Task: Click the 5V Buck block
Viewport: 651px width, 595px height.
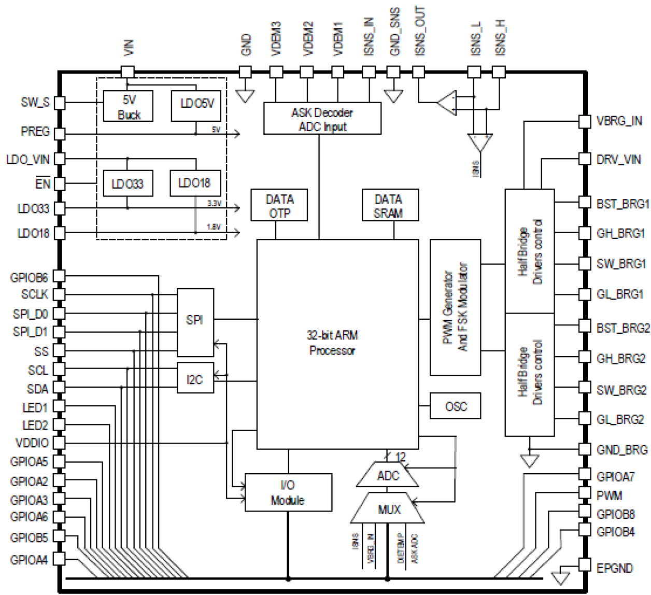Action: [x=128, y=106]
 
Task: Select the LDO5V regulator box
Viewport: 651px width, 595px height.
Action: [x=196, y=104]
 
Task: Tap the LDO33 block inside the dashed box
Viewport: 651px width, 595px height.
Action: [x=128, y=183]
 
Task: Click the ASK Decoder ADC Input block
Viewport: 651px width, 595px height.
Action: [x=322, y=119]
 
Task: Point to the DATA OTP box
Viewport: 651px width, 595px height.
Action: [x=279, y=206]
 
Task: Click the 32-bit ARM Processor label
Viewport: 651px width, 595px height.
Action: [x=332, y=343]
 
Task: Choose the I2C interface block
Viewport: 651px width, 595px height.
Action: [x=195, y=379]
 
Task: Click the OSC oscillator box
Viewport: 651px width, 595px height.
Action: [x=456, y=406]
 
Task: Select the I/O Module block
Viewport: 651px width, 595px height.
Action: [x=288, y=492]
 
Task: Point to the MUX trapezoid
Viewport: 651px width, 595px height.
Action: [x=389, y=509]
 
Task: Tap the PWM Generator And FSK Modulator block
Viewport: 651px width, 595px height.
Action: [x=455, y=307]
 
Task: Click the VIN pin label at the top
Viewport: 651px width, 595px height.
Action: [x=129, y=47]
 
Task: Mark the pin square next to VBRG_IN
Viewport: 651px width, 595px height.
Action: [x=585, y=121]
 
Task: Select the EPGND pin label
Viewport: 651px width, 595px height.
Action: [x=615, y=569]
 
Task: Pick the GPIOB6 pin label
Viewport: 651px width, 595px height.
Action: [x=29, y=277]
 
